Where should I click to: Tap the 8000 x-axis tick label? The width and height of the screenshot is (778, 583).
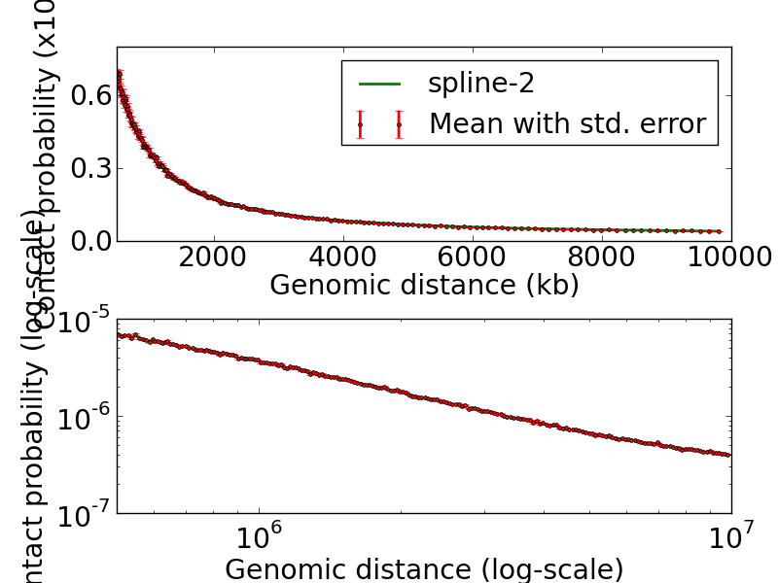[602, 257]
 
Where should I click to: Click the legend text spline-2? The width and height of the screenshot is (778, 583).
[480, 84]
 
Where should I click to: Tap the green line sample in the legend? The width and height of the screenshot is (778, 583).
[379, 84]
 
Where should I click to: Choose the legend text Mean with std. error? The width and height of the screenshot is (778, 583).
[567, 124]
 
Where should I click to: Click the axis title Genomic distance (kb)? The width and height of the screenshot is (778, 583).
[424, 285]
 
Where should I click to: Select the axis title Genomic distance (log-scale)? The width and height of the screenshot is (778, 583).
[424, 568]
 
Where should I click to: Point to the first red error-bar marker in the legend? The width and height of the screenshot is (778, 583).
[360, 125]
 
